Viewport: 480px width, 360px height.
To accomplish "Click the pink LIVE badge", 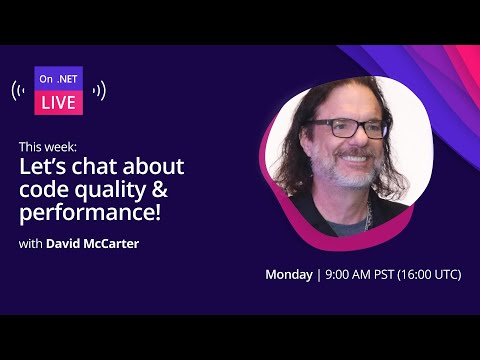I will (59, 103).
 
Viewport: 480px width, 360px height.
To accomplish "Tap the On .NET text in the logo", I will (59, 78).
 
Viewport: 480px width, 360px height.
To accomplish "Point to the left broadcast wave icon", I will (20, 91).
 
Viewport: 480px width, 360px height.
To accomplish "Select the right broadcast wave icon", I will (98, 91).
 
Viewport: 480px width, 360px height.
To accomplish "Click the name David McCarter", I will (92, 242).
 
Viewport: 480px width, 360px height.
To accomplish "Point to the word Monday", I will (288, 275).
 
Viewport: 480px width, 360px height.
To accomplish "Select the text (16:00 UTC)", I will (428, 275).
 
